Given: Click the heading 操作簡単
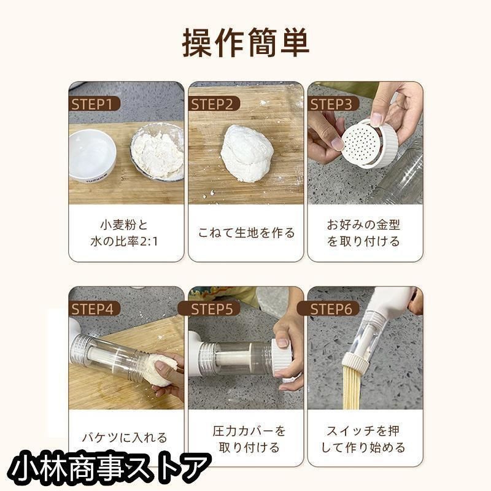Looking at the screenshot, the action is point(245,43).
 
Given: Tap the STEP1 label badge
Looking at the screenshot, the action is point(95,104).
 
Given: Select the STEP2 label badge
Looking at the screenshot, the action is point(214,104).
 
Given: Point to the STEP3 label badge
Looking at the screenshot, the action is point(333,104).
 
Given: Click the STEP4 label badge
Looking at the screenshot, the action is point(95,309).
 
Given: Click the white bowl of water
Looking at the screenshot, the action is point(92,157).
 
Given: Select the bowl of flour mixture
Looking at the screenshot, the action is point(157,153).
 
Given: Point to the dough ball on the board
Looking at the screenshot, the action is point(247,153).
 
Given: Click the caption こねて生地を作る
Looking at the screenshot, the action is point(247,233).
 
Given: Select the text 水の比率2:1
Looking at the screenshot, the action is point(125,241).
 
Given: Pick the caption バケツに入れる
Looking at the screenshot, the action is point(125,438).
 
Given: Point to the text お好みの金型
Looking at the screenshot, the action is point(363,225).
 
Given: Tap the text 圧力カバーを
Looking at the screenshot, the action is point(249,431).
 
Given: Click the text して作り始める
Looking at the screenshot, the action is point(363,447).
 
